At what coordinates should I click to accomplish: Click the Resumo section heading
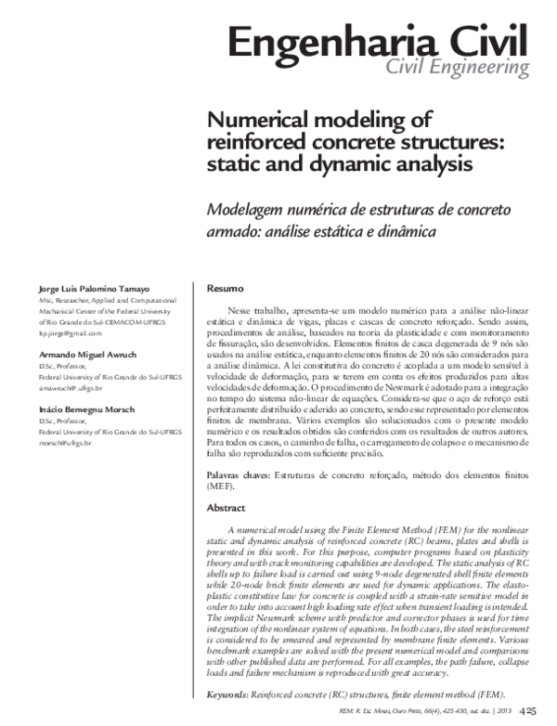tap(225, 289)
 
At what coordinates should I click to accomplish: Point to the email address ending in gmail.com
tap(69, 331)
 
